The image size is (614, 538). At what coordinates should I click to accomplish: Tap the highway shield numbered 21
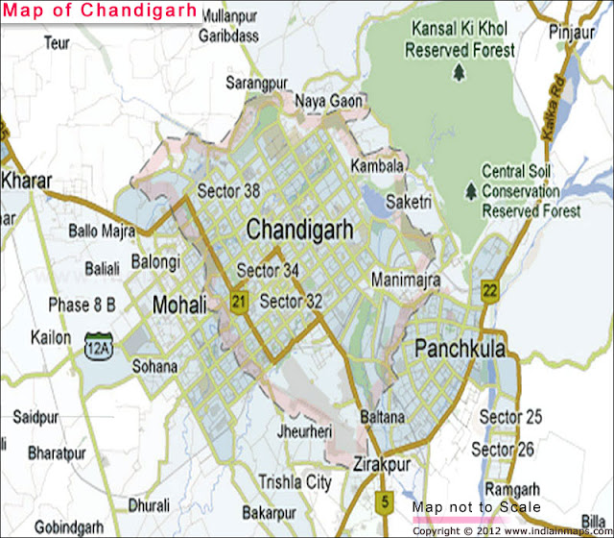239,304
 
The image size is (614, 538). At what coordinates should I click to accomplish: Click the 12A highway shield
98,343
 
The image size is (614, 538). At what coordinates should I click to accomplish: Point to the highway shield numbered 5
384,501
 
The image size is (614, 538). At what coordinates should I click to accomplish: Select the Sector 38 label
228,191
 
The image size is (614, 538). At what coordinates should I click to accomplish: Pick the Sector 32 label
292,302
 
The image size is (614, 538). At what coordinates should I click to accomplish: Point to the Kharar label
27,180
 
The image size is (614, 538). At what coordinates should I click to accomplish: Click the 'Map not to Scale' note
477,506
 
